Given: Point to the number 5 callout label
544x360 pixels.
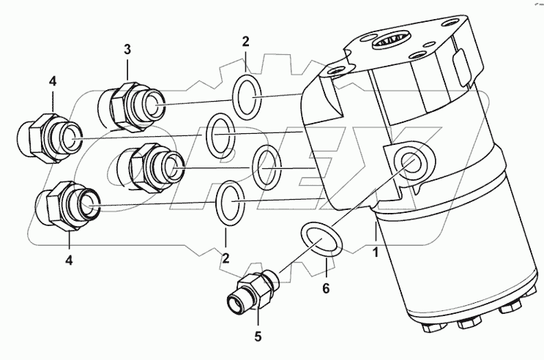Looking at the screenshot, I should click(258, 338).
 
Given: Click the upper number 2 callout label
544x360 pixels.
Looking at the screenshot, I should click(245, 41).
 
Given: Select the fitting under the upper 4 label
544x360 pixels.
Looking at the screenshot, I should click(48, 135).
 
